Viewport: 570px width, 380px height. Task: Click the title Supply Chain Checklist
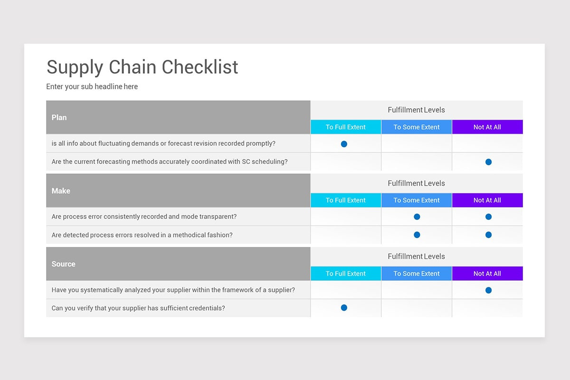point(142,67)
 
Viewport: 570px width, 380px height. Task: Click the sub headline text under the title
point(92,87)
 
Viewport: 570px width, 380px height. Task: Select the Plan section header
point(59,117)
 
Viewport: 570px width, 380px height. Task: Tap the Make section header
point(61,190)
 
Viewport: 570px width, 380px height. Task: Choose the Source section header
point(63,264)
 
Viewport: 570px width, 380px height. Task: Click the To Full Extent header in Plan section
point(346,127)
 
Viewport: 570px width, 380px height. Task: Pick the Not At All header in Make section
point(487,200)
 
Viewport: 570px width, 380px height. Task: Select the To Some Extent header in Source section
point(417,274)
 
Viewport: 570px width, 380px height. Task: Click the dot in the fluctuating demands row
point(344,144)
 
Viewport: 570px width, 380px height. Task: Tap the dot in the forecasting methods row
point(489,162)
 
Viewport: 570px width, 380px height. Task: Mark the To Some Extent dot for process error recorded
point(417,217)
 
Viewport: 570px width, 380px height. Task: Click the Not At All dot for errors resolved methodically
point(489,235)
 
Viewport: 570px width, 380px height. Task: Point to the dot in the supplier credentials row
point(344,308)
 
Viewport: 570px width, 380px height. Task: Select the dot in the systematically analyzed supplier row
point(489,290)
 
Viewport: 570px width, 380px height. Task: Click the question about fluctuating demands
point(163,143)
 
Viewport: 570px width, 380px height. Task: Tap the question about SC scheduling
point(170,161)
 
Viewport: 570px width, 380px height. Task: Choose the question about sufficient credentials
point(138,308)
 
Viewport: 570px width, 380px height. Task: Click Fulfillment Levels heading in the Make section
point(416,183)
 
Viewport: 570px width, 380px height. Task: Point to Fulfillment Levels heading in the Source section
point(416,256)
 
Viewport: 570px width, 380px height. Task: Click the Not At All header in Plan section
point(487,127)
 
